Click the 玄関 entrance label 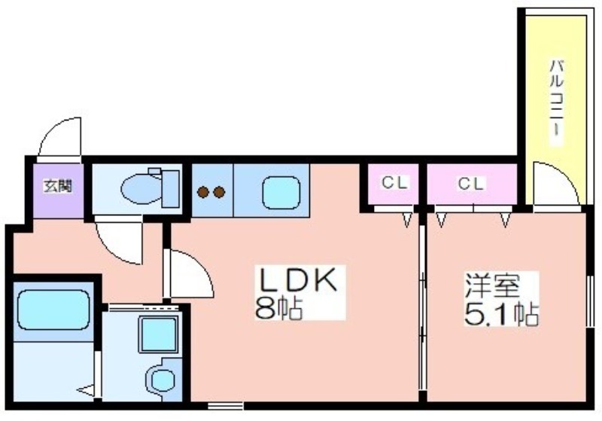[58, 186]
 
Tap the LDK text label [299, 280]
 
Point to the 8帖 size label [278, 308]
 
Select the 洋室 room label [493, 285]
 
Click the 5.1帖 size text [501, 314]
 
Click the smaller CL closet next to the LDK [393, 184]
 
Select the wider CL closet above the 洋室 [473, 184]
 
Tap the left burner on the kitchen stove [203, 192]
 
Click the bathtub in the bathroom [53, 310]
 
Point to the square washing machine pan [158, 334]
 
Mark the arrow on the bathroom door [87, 390]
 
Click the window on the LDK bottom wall [226, 405]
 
